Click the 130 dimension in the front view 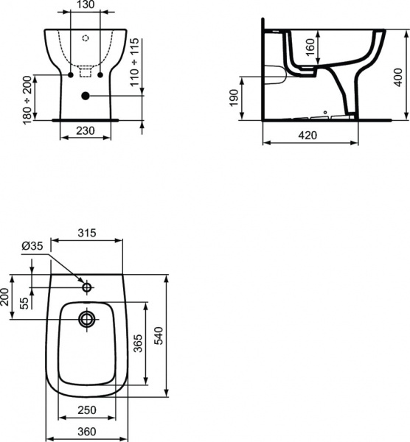(x=85, y=6)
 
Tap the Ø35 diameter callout (x=32, y=246)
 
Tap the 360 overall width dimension (x=85, y=432)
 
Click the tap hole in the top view (x=86, y=286)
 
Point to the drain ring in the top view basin (x=86, y=319)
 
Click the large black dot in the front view (x=86, y=95)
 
